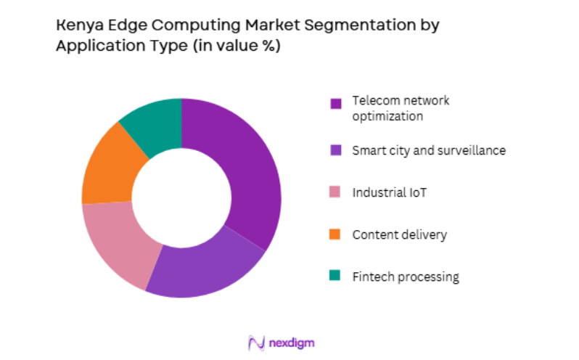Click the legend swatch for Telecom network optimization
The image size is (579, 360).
pyautogui.click(x=335, y=104)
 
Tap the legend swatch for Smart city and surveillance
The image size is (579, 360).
pyautogui.click(x=335, y=150)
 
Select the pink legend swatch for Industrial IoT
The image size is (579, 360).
pyautogui.click(x=335, y=192)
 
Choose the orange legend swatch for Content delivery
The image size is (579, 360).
pyautogui.click(x=335, y=234)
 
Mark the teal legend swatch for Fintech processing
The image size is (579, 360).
pyautogui.click(x=335, y=276)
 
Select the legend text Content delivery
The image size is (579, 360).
pyautogui.click(x=399, y=234)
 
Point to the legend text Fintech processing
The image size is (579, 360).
pyautogui.click(x=405, y=277)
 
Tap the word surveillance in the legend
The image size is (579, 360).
pyautogui.click(x=470, y=150)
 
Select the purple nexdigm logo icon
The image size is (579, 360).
pyautogui.click(x=256, y=342)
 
